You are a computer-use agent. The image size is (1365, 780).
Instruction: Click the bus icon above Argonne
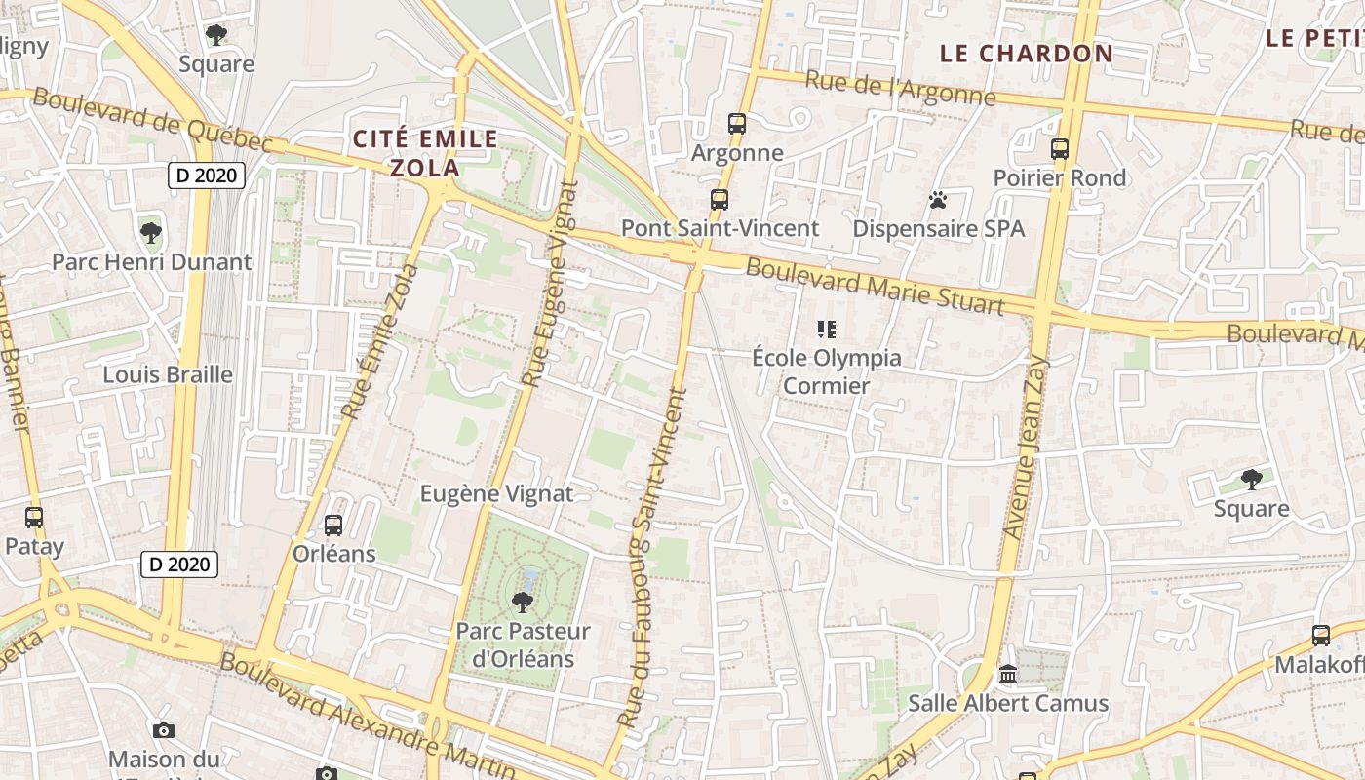[x=737, y=124]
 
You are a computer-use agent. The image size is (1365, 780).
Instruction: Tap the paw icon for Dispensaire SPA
[x=938, y=200]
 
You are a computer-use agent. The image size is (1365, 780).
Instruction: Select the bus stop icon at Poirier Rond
[x=1060, y=149]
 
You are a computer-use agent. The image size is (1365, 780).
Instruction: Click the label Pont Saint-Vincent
[x=721, y=228]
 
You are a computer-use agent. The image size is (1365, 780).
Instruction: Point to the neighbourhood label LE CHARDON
[x=1026, y=54]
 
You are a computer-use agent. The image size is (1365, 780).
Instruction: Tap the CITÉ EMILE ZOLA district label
[x=425, y=153]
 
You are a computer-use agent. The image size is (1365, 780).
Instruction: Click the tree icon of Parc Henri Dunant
[x=150, y=233]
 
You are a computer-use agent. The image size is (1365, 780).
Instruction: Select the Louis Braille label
[x=168, y=374]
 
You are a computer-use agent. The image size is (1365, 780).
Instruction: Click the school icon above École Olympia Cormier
[x=827, y=330]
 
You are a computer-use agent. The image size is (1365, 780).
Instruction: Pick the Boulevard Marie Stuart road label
[x=875, y=286]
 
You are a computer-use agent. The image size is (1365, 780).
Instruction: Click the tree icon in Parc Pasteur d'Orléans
[x=523, y=602]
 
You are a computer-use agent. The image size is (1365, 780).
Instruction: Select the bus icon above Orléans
[x=333, y=526]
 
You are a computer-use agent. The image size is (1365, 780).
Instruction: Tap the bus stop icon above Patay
[x=34, y=518]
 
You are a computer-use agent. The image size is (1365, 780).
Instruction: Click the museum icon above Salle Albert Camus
[x=1008, y=675]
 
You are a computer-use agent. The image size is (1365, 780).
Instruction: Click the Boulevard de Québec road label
[x=152, y=120]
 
